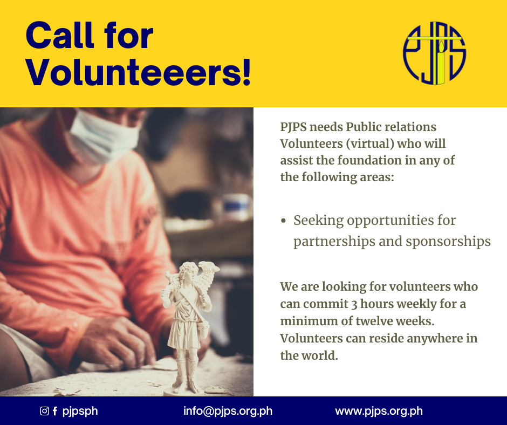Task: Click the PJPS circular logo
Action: [x=434, y=53]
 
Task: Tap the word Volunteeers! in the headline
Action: [x=139, y=72]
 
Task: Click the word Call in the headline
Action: [x=60, y=35]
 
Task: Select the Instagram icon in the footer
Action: [x=44, y=411]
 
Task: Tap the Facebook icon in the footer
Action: [x=55, y=411]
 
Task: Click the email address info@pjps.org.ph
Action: [x=228, y=411]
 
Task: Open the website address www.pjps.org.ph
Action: [x=379, y=411]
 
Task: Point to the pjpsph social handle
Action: [x=80, y=412]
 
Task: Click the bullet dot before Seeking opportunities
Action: [x=284, y=221]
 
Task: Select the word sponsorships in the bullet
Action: [x=448, y=242]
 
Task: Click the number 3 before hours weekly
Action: [x=354, y=304]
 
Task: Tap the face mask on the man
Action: [x=104, y=136]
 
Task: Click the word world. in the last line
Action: [x=319, y=355]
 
